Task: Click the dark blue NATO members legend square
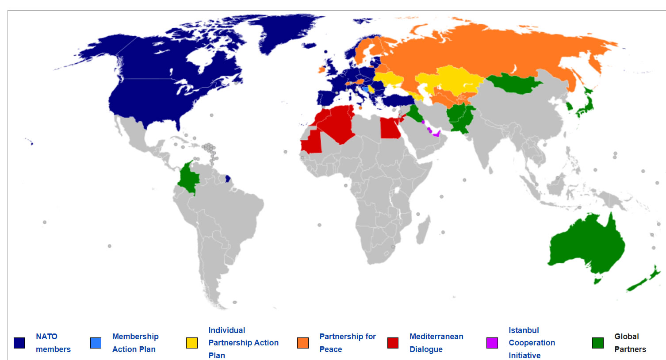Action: pos(19,343)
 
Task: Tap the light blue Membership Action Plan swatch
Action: pos(96,343)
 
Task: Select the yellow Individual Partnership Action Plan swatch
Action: pos(192,343)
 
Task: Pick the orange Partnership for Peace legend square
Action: pos(303,343)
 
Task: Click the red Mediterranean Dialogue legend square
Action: pos(393,343)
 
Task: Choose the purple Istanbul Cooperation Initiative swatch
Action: pos(492,343)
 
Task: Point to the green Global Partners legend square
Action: pos(598,343)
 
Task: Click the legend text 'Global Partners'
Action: pos(630,343)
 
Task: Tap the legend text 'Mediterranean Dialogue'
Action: pos(436,343)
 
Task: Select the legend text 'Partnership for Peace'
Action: pos(347,343)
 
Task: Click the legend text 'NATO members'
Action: pos(53,343)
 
